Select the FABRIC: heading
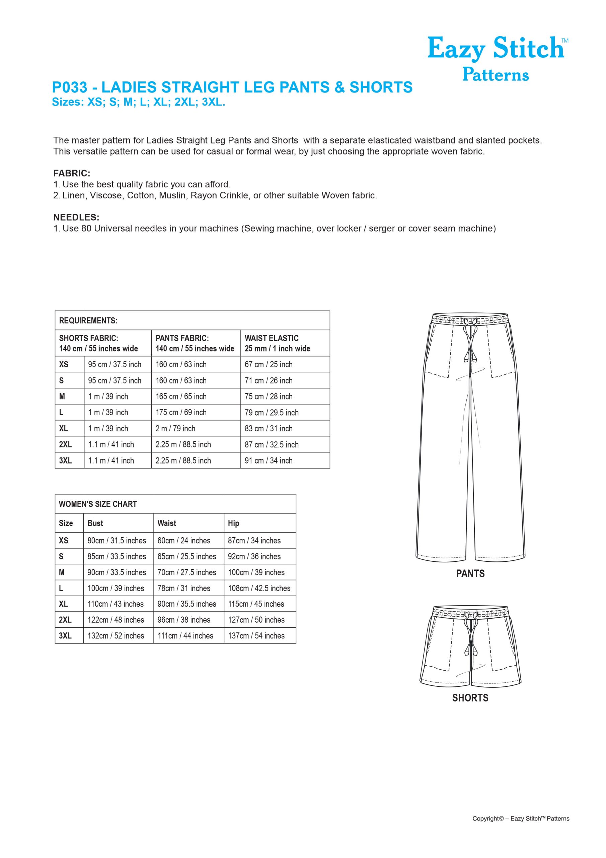pyautogui.click(x=72, y=173)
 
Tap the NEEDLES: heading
pyautogui.click(x=76, y=218)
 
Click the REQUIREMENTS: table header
pyautogui.click(x=88, y=321)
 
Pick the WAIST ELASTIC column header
pyautogui.click(x=272, y=338)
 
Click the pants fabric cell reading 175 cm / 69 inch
pyautogui.click(x=181, y=413)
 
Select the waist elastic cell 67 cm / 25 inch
pyautogui.click(x=269, y=364)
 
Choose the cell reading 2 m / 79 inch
pyautogui.click(x=175, y=429)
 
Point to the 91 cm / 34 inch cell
pyautogui.click(x=269, y=461)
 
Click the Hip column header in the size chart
pyautogui.click(x=233, y=523)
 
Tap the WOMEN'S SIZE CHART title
pyautogui.click(x=98, y=504)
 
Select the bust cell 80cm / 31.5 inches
pyautogui.click(x=117, y=540)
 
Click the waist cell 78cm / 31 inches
pyautogui.click(x=184, y=588)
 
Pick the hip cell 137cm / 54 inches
pyautogui.click(x=256, y=636)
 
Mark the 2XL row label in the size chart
pyautogui.click(x=65, y=620)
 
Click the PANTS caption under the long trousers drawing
pyautogui.click(x=470, y=573)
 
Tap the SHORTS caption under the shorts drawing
pyautogui.click(x=470, y=698)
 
